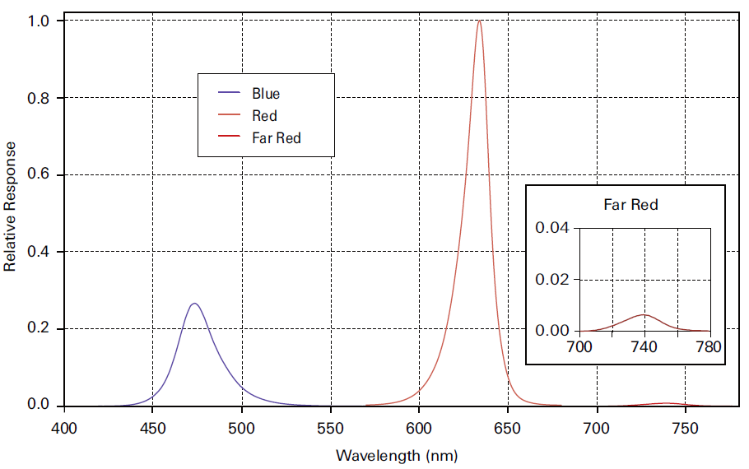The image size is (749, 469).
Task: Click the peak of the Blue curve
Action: tap(194, 304)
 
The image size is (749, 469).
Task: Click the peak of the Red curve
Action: tap(479, 21)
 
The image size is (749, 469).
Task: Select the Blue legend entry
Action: tap(266, 94)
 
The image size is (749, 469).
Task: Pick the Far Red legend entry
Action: tap(277, 138)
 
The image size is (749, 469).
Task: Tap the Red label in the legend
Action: tap(264, 116)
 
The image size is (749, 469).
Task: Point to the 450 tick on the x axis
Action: tap(152, 428)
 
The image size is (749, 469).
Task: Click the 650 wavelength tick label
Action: tap(508, 428)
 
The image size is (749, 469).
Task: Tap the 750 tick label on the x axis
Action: tap(685, 428)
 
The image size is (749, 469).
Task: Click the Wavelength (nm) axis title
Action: tap(397, 455)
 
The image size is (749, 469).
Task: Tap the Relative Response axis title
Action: tap(11, 207)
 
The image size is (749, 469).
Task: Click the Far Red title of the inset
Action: tap(630, 204)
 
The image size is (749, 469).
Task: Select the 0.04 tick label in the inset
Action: tap(552, 227)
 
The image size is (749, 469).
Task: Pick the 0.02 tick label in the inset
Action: tap(552, 279)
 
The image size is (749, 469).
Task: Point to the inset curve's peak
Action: tap(644, 314)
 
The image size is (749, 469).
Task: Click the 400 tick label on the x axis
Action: tap(64, 428)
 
